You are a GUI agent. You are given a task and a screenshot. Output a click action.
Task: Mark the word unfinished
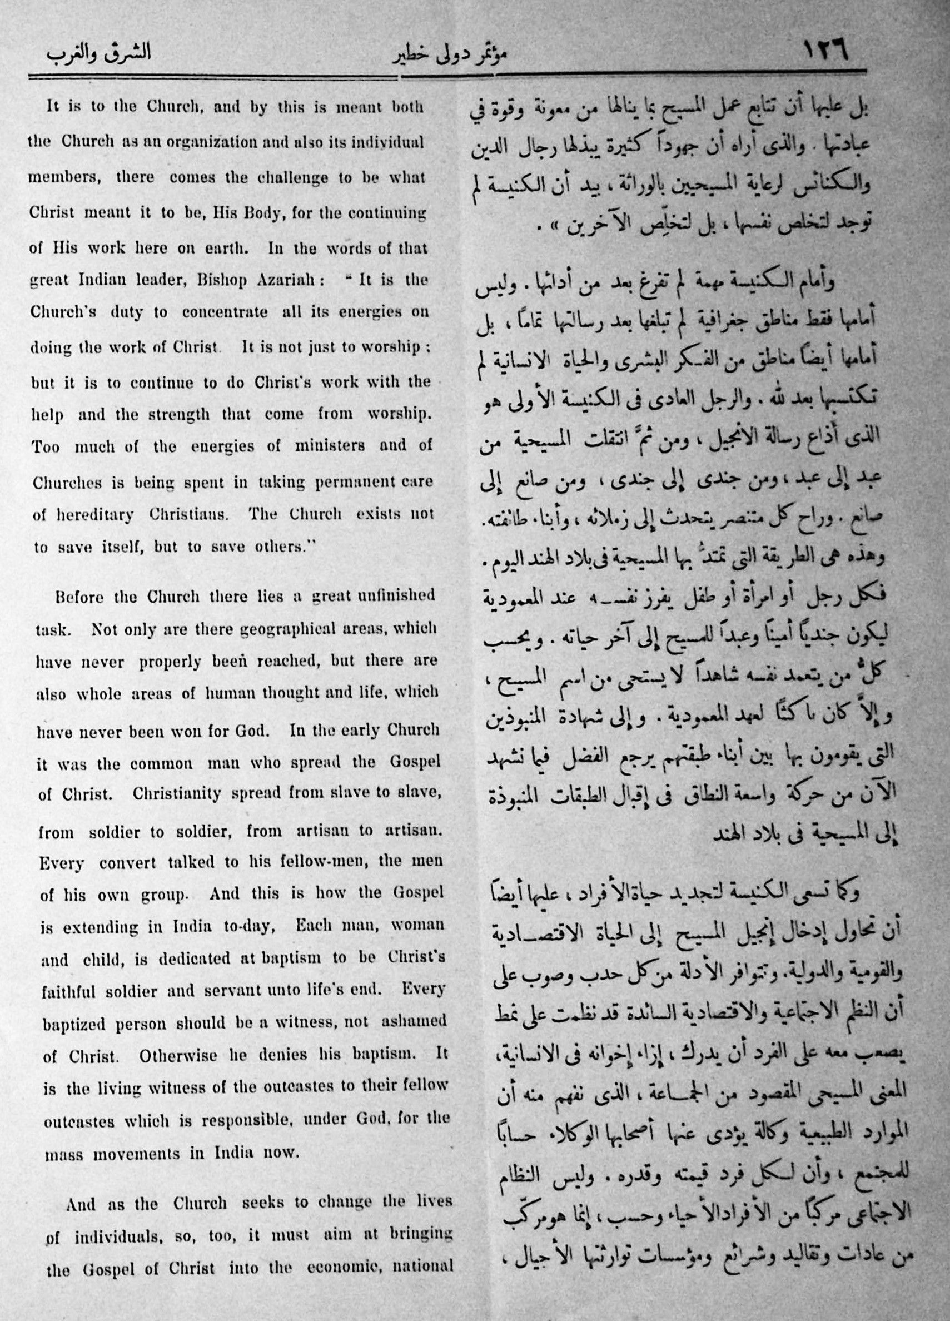coord(398,595)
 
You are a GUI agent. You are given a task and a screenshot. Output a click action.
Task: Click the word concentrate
coord(224,312)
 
